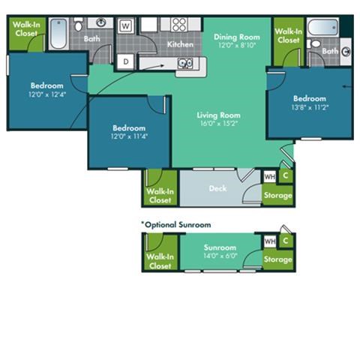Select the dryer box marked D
point(126,61)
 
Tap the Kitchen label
point(179,44)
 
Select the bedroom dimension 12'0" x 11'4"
point(128,136)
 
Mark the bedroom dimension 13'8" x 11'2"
point(309,106)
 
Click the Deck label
point(217,188)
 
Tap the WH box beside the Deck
point(269,177)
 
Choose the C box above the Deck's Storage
point(285,176)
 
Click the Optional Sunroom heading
point(176,224)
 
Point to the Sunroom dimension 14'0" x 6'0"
point(220,255)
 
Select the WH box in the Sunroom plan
point(269,241)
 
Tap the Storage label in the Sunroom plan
point(277,259)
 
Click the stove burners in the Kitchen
point(178,24)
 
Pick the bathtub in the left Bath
point(58,34)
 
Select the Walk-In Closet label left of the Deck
point(160,196)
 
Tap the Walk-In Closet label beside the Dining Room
point(288,35)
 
